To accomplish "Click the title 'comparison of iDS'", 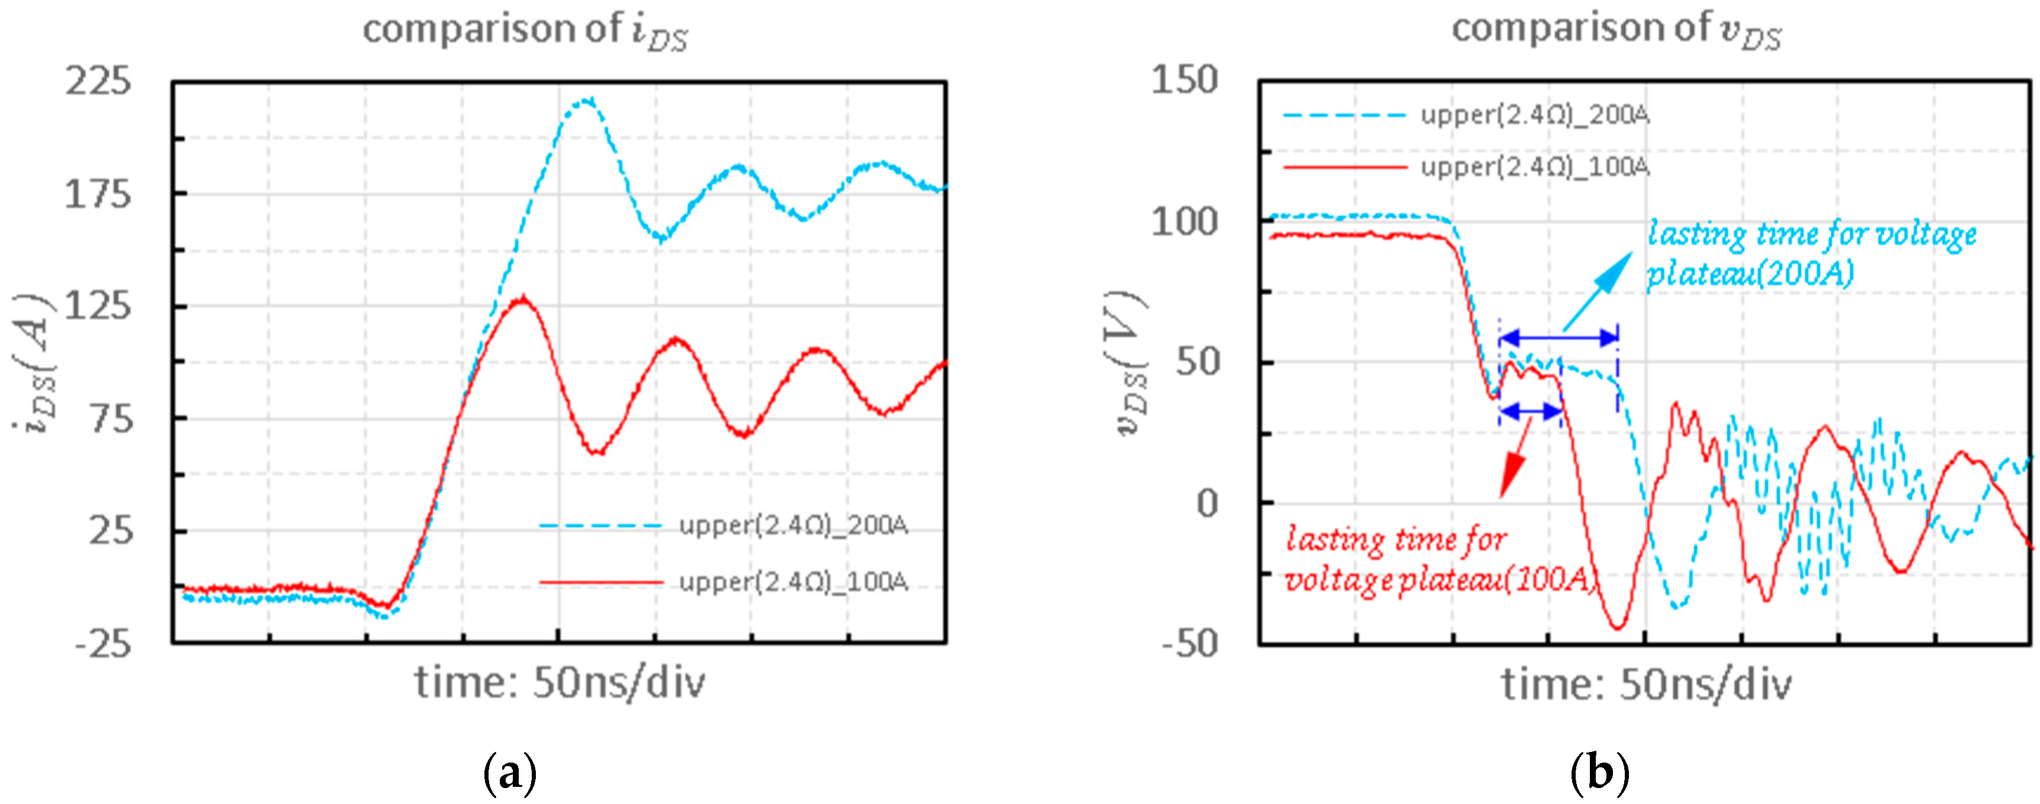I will click(x=525, y=30).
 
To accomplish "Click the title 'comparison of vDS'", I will click(x=1615, y=30).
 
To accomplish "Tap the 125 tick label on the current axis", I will click(x=98, y=306).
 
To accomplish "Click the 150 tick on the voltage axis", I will click(x=1184, y=81).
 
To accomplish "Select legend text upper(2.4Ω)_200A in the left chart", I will click(x=793, y=525).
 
